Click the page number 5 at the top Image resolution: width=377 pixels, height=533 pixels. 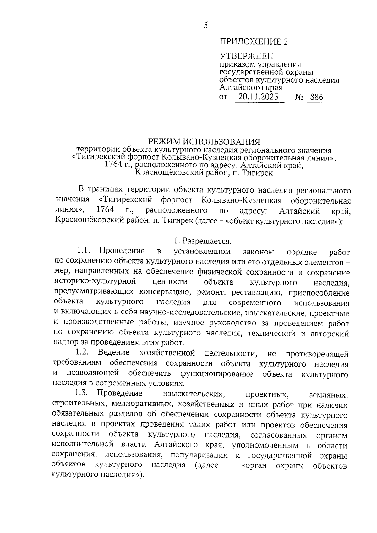(206, 25)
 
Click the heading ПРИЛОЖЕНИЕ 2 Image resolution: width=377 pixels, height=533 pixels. (254, 41)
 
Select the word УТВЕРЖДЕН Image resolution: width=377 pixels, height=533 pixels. (246, 56)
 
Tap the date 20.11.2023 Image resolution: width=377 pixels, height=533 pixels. (258, 96)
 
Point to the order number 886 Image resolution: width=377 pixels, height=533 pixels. (316, 97)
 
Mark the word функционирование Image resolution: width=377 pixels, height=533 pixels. (216, 374)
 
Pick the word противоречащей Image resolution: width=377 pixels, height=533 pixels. (317, 354)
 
